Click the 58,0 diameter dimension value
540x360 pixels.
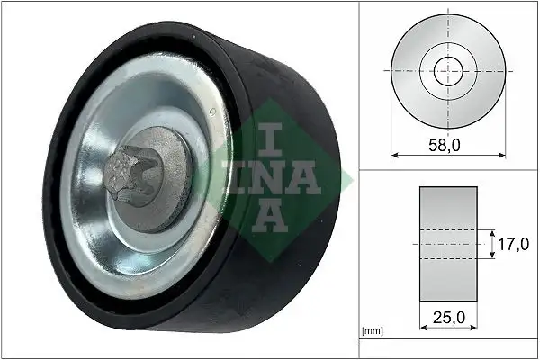coord(447,143)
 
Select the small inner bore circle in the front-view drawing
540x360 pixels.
coord(447,70)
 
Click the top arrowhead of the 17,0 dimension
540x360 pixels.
coord(492,231)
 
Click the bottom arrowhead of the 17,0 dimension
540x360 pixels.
coord(492,256)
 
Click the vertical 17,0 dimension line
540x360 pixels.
coord(492,244)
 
